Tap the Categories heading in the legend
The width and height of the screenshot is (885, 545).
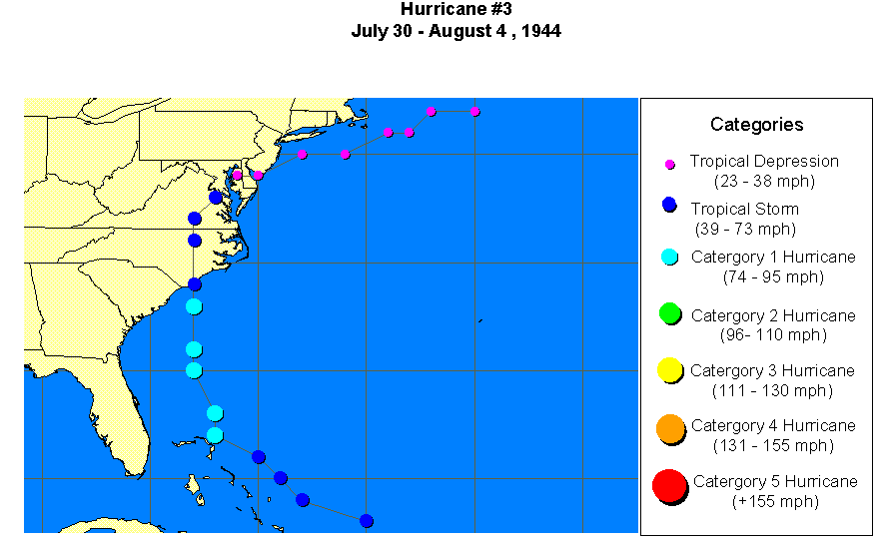tap(756, 125)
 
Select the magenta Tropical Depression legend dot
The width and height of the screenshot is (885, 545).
tap(670, 164)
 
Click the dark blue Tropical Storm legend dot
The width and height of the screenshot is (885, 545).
tap(669, 206)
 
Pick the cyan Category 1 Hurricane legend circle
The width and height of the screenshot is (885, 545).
tap(670, 257)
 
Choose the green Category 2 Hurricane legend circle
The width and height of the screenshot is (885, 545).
tap(670, 314)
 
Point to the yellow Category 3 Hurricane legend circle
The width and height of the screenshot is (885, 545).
tap(670, 370)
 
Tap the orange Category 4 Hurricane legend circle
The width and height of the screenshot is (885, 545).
tap(671, 429)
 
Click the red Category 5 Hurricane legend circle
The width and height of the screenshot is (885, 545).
tap(669, 486)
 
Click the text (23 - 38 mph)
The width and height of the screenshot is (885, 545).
tap(764, 181)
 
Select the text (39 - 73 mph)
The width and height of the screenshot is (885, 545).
tap(746, 229)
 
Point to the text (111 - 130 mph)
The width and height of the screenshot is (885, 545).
tap(772, 390)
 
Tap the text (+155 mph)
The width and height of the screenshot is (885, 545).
tap(774, 501)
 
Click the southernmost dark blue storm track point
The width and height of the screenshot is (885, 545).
tap(367, 521)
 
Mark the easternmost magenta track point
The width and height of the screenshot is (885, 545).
tap(475, 111)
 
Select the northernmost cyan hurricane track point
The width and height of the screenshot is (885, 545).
tap(194, 306)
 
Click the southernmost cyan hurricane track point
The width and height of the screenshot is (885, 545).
tap(215, 435)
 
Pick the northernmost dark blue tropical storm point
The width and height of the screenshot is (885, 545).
tap(216, 198)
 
